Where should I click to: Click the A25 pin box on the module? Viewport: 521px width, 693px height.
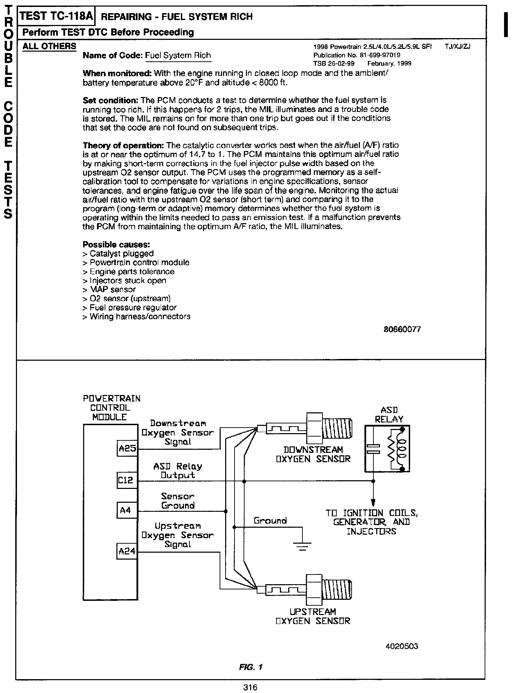[127, 449]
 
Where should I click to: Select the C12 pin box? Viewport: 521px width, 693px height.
[127, 480]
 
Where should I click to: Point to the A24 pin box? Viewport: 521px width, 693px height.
[127, 551]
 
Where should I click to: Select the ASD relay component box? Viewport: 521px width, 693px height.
[387, 449]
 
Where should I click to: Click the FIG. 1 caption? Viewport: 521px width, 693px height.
[251, 667]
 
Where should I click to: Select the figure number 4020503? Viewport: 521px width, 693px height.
[402, 646]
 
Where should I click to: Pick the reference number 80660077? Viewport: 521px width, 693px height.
[402, 329]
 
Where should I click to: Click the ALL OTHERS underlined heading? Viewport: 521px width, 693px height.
[49, 46]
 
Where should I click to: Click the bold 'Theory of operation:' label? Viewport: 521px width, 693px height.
[123, 145]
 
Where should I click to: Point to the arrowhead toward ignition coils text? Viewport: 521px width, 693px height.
[373, 502]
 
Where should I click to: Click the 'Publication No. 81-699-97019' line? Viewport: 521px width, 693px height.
[357, 55]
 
